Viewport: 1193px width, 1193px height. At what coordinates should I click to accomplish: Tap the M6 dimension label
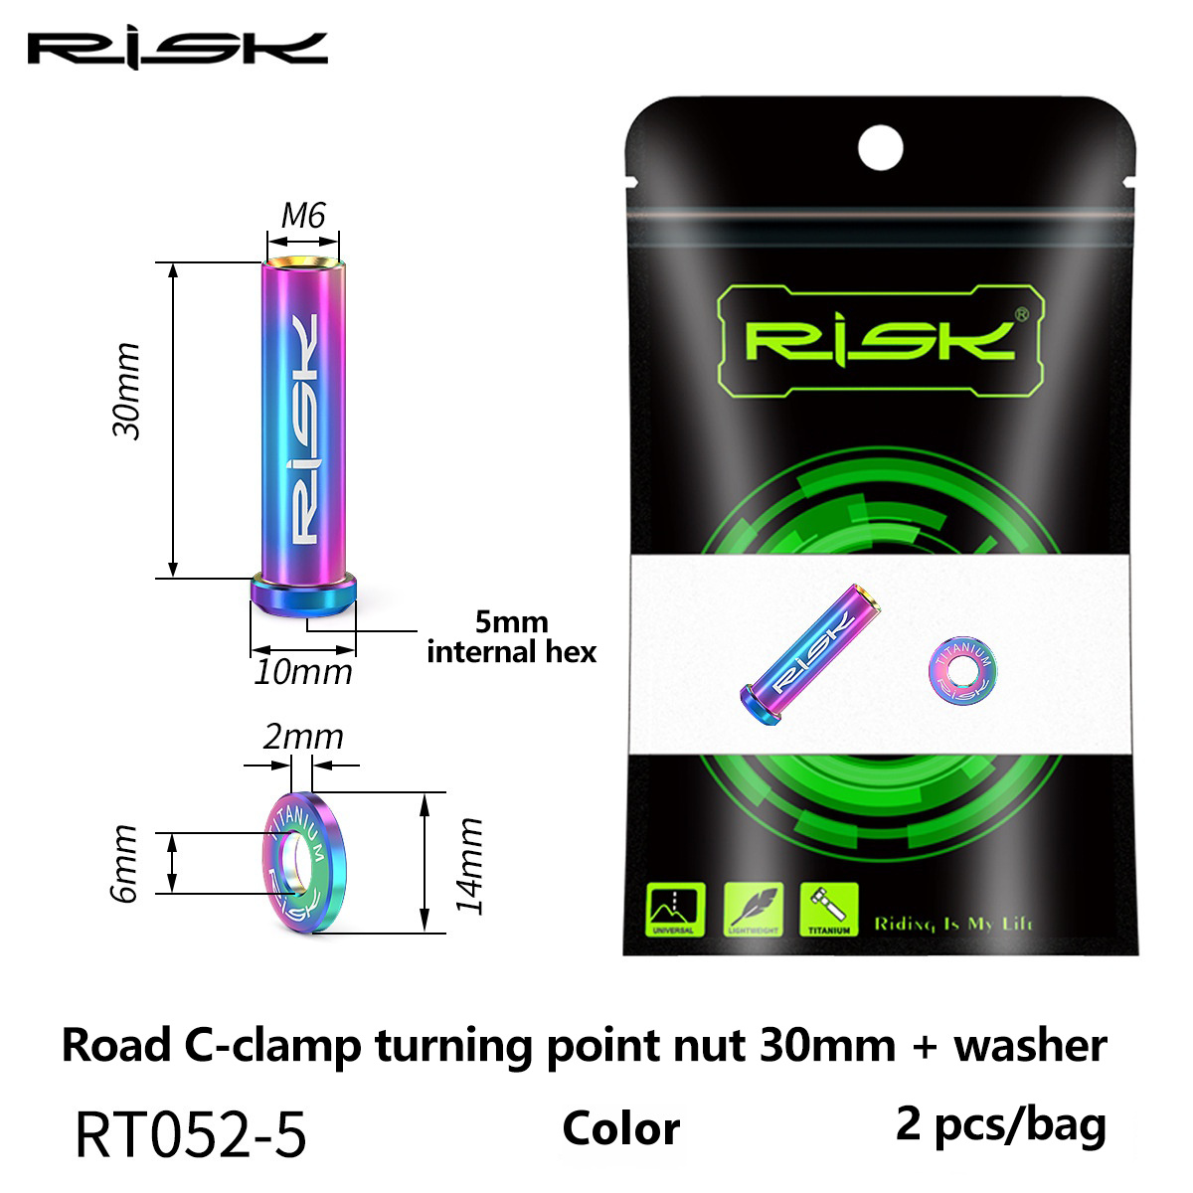[x=303, y=216]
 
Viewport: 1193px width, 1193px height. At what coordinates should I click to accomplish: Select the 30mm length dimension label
[x=126, y=391]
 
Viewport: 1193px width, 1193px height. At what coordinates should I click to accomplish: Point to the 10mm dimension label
[x=303, y=672]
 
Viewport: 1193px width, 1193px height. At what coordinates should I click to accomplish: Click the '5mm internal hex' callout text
[x=511, y=637]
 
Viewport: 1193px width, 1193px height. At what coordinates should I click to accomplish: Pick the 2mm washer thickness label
[x=303, y=738]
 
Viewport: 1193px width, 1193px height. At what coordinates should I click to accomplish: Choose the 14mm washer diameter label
[x=468, y=866]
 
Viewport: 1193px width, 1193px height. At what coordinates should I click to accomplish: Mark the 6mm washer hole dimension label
[x=123, y=864]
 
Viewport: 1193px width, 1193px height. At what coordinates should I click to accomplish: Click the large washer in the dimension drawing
[x=304, y=863]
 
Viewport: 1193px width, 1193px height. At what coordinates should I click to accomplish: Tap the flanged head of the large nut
[x=303, y=596]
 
